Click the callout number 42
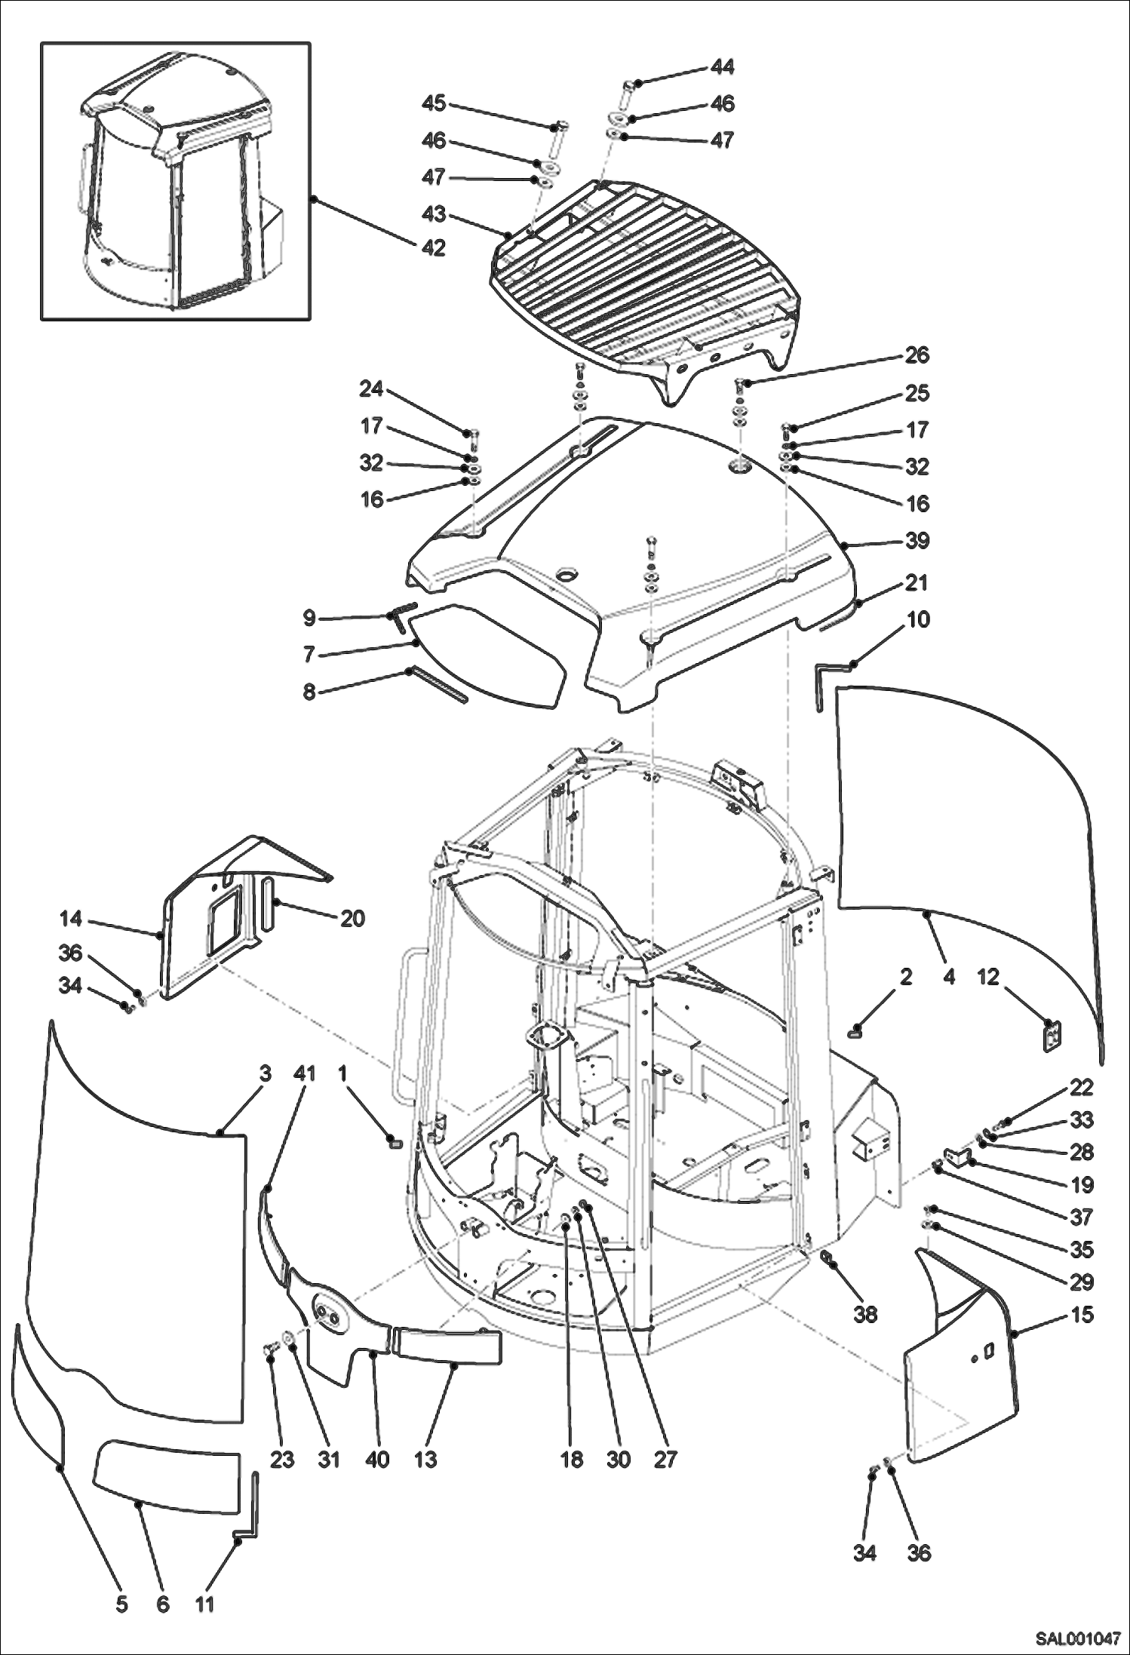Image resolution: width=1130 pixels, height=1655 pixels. click(x=433, y=248)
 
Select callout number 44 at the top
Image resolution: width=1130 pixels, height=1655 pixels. click(x=722, y=67)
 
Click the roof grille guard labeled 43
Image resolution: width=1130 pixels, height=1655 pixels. click(x=641, y=279)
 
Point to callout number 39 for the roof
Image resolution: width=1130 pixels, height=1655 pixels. click(x=917, y=541)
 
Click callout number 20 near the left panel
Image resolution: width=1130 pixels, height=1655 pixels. click(x=352, y=918)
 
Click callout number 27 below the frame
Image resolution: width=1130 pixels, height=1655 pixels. click(x=665, y=1459)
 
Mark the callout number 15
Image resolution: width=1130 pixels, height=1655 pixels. click(x=1082, y=1315)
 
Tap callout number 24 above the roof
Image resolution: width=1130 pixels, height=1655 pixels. click(x=371, y=389)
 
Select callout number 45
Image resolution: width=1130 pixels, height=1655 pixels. click(x=434, y=103)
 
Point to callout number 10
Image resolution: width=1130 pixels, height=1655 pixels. click(x=918, y=619)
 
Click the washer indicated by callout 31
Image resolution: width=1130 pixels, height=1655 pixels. click(x=288, y=1339)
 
